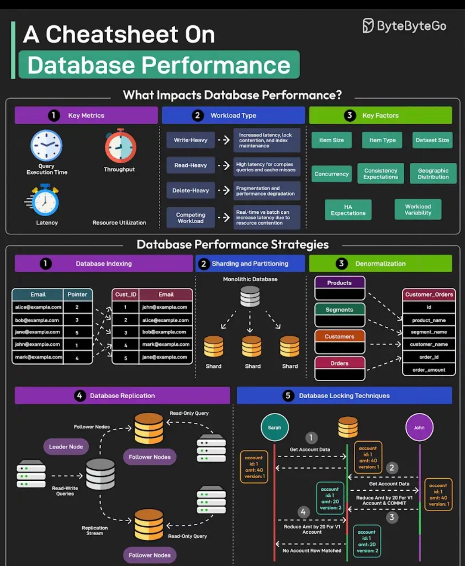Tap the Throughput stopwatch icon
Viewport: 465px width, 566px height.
(121, 146)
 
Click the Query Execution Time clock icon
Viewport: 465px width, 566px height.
(46, 146)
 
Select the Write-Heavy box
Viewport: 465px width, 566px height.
(191, 140)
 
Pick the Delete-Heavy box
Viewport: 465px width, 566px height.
(191, 191)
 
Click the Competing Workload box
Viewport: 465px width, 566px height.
(191, 218)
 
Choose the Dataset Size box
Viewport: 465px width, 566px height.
(432, 140)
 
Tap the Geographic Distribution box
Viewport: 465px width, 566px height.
(433, 174)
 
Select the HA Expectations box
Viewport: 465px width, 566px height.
(348, 210)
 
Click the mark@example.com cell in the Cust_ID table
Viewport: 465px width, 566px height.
(166, 345)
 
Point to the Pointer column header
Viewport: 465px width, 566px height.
(77, 295)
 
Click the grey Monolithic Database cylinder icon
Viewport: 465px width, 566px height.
(250, 296)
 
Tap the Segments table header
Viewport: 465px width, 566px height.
(340, 310)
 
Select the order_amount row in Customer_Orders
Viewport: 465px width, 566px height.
(429, 370)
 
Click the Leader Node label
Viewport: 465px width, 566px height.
(66, 447)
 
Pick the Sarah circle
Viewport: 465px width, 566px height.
(274, 428)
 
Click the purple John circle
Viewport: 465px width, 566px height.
(419, 428)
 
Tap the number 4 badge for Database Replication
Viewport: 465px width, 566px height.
(79, 396)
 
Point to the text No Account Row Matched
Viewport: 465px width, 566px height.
(312, 551)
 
